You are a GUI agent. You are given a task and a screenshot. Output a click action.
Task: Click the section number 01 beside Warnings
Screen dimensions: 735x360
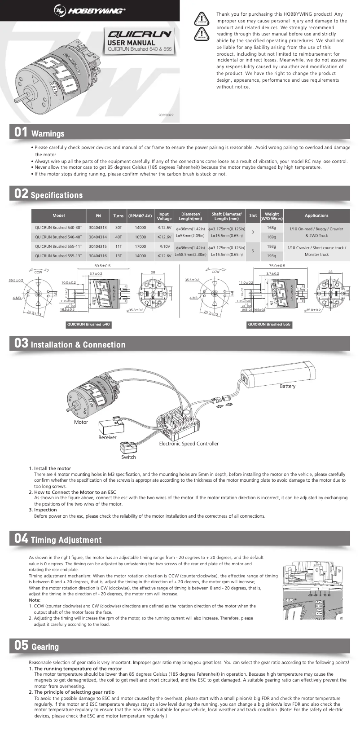coord(21,132)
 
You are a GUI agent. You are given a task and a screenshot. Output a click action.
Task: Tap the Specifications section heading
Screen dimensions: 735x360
coord(57,195)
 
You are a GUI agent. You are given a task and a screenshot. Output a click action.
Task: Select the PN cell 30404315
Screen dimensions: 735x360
coord(98,246)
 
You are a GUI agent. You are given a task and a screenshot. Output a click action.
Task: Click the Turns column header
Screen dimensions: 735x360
coord(119,216)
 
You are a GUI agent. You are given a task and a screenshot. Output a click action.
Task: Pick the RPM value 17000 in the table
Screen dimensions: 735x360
coord(140,246)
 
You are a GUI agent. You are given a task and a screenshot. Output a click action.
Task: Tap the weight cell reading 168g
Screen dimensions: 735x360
coord(272,228)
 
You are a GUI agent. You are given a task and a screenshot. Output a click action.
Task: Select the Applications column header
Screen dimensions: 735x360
coord(316,216)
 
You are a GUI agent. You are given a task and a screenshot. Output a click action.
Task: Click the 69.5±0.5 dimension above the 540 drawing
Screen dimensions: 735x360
coord(102,266)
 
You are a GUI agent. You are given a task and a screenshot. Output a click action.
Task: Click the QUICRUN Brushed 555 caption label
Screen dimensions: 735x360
coord(269,324)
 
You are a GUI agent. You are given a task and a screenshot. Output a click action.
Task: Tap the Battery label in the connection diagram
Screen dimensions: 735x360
coord(287,386)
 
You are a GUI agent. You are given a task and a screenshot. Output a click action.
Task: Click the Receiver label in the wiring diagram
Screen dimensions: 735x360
coord(107,437)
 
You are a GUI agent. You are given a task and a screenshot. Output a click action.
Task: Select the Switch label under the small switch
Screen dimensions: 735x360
coord(128,457)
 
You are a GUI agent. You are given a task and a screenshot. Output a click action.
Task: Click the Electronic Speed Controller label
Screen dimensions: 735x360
coord(189,444)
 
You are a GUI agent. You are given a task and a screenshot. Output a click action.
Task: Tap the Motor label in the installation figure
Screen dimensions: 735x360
coord(81,422)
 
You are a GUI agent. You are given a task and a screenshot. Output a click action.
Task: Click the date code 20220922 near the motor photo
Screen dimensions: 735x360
coord(166,115)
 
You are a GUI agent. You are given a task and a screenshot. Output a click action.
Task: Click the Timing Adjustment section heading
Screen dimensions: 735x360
coord(66,540)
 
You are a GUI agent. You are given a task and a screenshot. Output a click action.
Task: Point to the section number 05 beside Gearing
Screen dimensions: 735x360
coord(21,646)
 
